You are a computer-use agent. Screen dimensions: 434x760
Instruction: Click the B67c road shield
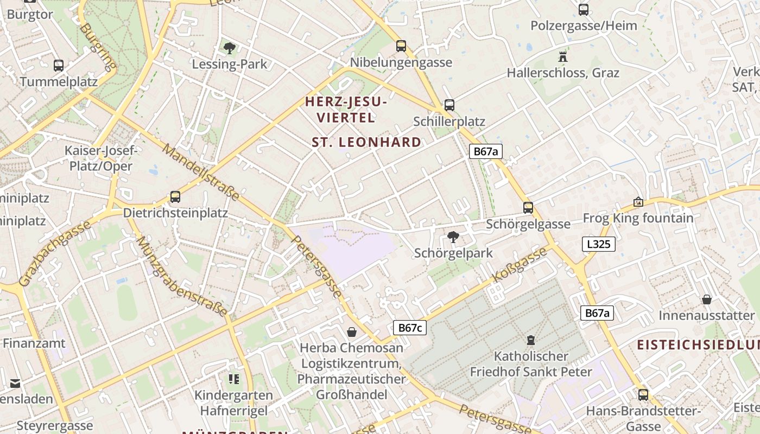coord(410,328)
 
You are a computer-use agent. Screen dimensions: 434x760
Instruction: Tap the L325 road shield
coord(599,244)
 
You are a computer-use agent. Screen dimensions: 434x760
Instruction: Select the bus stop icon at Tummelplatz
coord(59,66)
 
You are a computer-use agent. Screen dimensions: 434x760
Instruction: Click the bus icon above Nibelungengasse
coord(401,46)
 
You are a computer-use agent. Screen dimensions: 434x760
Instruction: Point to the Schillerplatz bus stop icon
coord(449,105)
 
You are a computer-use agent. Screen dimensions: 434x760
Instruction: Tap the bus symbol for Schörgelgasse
coord(528,207)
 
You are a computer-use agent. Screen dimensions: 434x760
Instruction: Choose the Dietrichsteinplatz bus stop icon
coord(175,196)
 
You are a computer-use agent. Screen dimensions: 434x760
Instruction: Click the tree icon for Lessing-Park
coord(230,48)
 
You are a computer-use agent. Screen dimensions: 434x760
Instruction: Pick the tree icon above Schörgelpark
coord(453,237)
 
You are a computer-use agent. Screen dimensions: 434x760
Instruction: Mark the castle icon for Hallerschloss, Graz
coord(562,56)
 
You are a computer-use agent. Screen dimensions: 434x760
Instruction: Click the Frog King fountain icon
coord(638,202)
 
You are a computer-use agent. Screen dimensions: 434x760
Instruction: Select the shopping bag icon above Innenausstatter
coord(707,299)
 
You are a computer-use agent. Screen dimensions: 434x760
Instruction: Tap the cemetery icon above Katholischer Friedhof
coord(530,340)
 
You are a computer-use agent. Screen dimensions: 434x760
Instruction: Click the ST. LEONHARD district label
coord(366,142)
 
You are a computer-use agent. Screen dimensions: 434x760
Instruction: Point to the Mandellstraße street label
coord(200,172)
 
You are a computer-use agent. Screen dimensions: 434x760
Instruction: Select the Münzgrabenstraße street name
coord(181,276)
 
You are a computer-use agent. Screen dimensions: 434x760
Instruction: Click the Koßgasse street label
coord(520,264)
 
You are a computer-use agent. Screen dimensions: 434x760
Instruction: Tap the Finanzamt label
coord(34,343)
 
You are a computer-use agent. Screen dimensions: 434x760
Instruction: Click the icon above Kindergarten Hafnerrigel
coord(234,379)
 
